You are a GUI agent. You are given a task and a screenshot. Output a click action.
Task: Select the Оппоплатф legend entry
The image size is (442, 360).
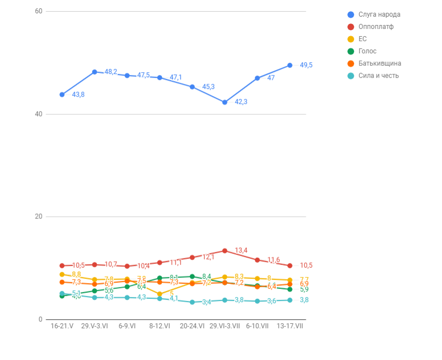pyautogui.click(x=375, y=27)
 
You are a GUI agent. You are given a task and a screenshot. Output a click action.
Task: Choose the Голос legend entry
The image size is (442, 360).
pyautogui.click(x=367, y=51)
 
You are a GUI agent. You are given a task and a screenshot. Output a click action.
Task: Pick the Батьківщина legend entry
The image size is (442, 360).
pyautogui.click(x=379, y=63)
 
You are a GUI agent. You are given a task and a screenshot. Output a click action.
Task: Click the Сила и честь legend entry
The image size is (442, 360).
pyautogui.click(x=378, y=76)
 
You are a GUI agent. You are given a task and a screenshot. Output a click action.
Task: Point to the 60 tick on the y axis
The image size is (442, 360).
pyautogui.click(x=38, y=11)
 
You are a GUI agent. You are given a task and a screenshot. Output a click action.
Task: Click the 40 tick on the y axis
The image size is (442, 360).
pyautogui.click(x=38, y=114)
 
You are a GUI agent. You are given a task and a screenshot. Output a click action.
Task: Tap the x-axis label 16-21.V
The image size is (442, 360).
pyautogui.click(x=62, y=326)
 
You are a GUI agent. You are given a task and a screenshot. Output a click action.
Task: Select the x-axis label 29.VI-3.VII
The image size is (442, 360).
pyautogui.click(x=225, y=326)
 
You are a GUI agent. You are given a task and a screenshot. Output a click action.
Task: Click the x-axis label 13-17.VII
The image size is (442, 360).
pyautogui.click(x=290, y=326)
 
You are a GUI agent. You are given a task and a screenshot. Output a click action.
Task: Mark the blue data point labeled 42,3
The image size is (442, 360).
pyautogui.click(x=225, y=102)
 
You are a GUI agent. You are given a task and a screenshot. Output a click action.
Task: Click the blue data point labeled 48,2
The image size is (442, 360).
pyautogui.click(x=95, y=72)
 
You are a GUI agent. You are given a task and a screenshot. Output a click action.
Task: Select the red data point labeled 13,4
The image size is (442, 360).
pyautogui.click(x=225, y=251)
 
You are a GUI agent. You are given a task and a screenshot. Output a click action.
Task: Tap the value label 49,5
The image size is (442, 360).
pyautogui.click(x=306, y=65)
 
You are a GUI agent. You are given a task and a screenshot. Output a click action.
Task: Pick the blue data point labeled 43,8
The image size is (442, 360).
pyautogui.click(x=62, y=94)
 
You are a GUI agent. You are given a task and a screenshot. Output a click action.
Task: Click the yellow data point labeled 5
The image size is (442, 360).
pyautogui.click(x=160, y=294)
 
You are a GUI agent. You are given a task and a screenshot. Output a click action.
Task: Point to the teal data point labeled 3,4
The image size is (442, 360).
pyautogui.click(x=192, y=302)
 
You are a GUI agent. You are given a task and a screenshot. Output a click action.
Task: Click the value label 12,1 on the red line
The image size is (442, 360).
pyautogui.click(x=208, y=257)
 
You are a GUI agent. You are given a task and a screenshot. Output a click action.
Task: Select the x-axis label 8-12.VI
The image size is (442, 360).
pyautogui.click(x=160, y=326)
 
